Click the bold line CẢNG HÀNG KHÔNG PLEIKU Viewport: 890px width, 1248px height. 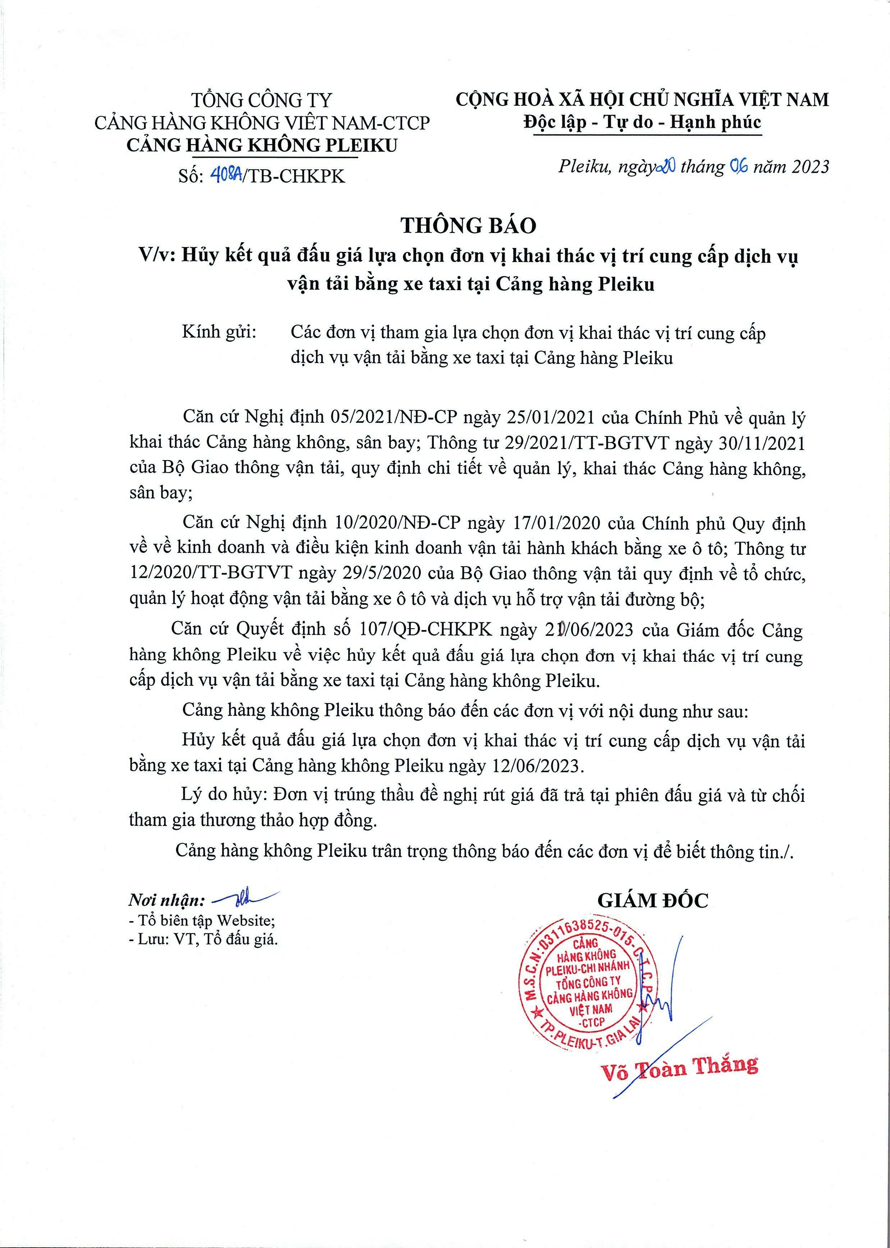point(262,145)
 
